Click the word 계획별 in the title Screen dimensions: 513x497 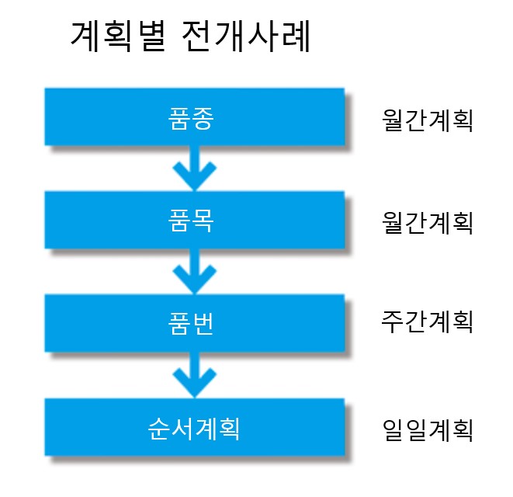[118, 36]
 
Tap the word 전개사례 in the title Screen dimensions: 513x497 [244, 36]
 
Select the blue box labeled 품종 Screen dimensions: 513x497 [195, 117]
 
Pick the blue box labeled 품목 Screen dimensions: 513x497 [195, 220]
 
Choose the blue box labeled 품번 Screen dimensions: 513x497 [195, 323]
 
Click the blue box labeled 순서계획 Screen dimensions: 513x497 [195, 427]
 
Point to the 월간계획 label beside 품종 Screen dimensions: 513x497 [428, 120]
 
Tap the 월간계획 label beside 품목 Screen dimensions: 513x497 [428, 223]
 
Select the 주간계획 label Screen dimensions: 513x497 [428, 321]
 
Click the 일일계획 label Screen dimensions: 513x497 [428, 430]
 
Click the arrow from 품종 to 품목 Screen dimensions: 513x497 [195, 169]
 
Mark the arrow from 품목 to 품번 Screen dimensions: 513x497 [195, 272]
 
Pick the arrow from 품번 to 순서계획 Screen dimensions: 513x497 [195, 375]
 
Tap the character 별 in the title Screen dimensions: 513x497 [152, 36]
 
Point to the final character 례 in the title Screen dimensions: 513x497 [296, 36]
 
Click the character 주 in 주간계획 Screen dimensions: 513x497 [392, 321]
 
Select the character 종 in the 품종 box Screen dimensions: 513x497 [203, 119]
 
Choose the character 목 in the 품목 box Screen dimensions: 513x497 [203, 221]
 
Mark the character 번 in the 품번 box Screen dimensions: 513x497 [203, 324]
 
